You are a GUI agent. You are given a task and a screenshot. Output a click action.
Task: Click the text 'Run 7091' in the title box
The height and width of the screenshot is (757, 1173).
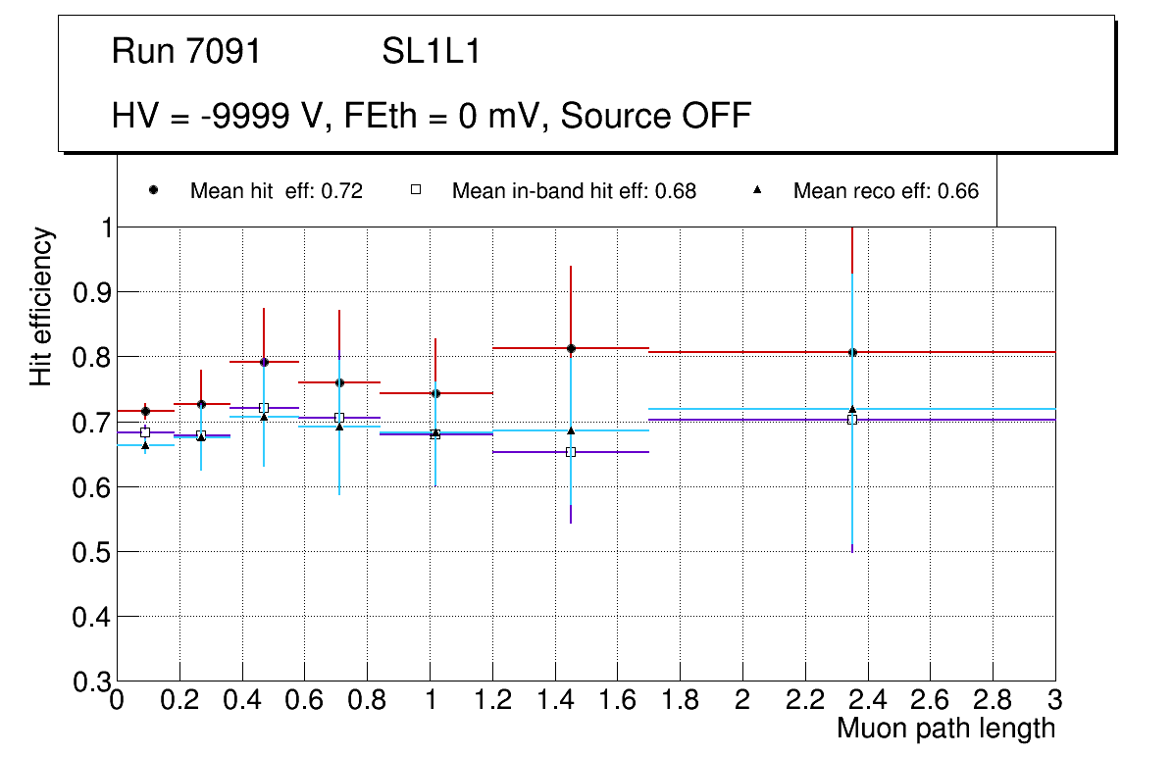point(186,52)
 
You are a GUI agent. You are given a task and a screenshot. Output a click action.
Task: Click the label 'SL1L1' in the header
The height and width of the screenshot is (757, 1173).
point(432,52)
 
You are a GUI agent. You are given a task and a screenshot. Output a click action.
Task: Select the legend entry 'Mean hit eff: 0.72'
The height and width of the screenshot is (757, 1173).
point(276,191)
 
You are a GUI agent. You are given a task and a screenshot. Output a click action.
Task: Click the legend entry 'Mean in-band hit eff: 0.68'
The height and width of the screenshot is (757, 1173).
point(574,191)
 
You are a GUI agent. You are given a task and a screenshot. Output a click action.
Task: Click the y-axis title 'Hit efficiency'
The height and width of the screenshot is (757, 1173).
point(41,306)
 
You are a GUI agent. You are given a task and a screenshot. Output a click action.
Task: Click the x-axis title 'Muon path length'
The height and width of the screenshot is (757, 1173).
point(945,729)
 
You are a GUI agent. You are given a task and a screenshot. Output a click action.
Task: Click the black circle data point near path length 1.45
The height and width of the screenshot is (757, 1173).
point(571,348)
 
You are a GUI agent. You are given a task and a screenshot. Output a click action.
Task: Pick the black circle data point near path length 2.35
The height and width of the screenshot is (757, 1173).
point(852,352)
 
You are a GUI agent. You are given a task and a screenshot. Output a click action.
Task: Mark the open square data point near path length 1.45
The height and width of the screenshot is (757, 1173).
point(571,452)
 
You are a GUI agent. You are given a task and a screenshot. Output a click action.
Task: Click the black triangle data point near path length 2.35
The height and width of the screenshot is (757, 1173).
point(852,409)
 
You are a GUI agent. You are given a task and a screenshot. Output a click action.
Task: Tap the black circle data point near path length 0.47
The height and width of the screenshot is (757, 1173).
point(264,362)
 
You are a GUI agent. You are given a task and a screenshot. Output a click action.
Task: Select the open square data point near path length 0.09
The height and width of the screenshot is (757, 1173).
point(145,432)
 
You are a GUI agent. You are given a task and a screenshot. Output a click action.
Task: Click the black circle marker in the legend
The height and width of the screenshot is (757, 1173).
point(154,190)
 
